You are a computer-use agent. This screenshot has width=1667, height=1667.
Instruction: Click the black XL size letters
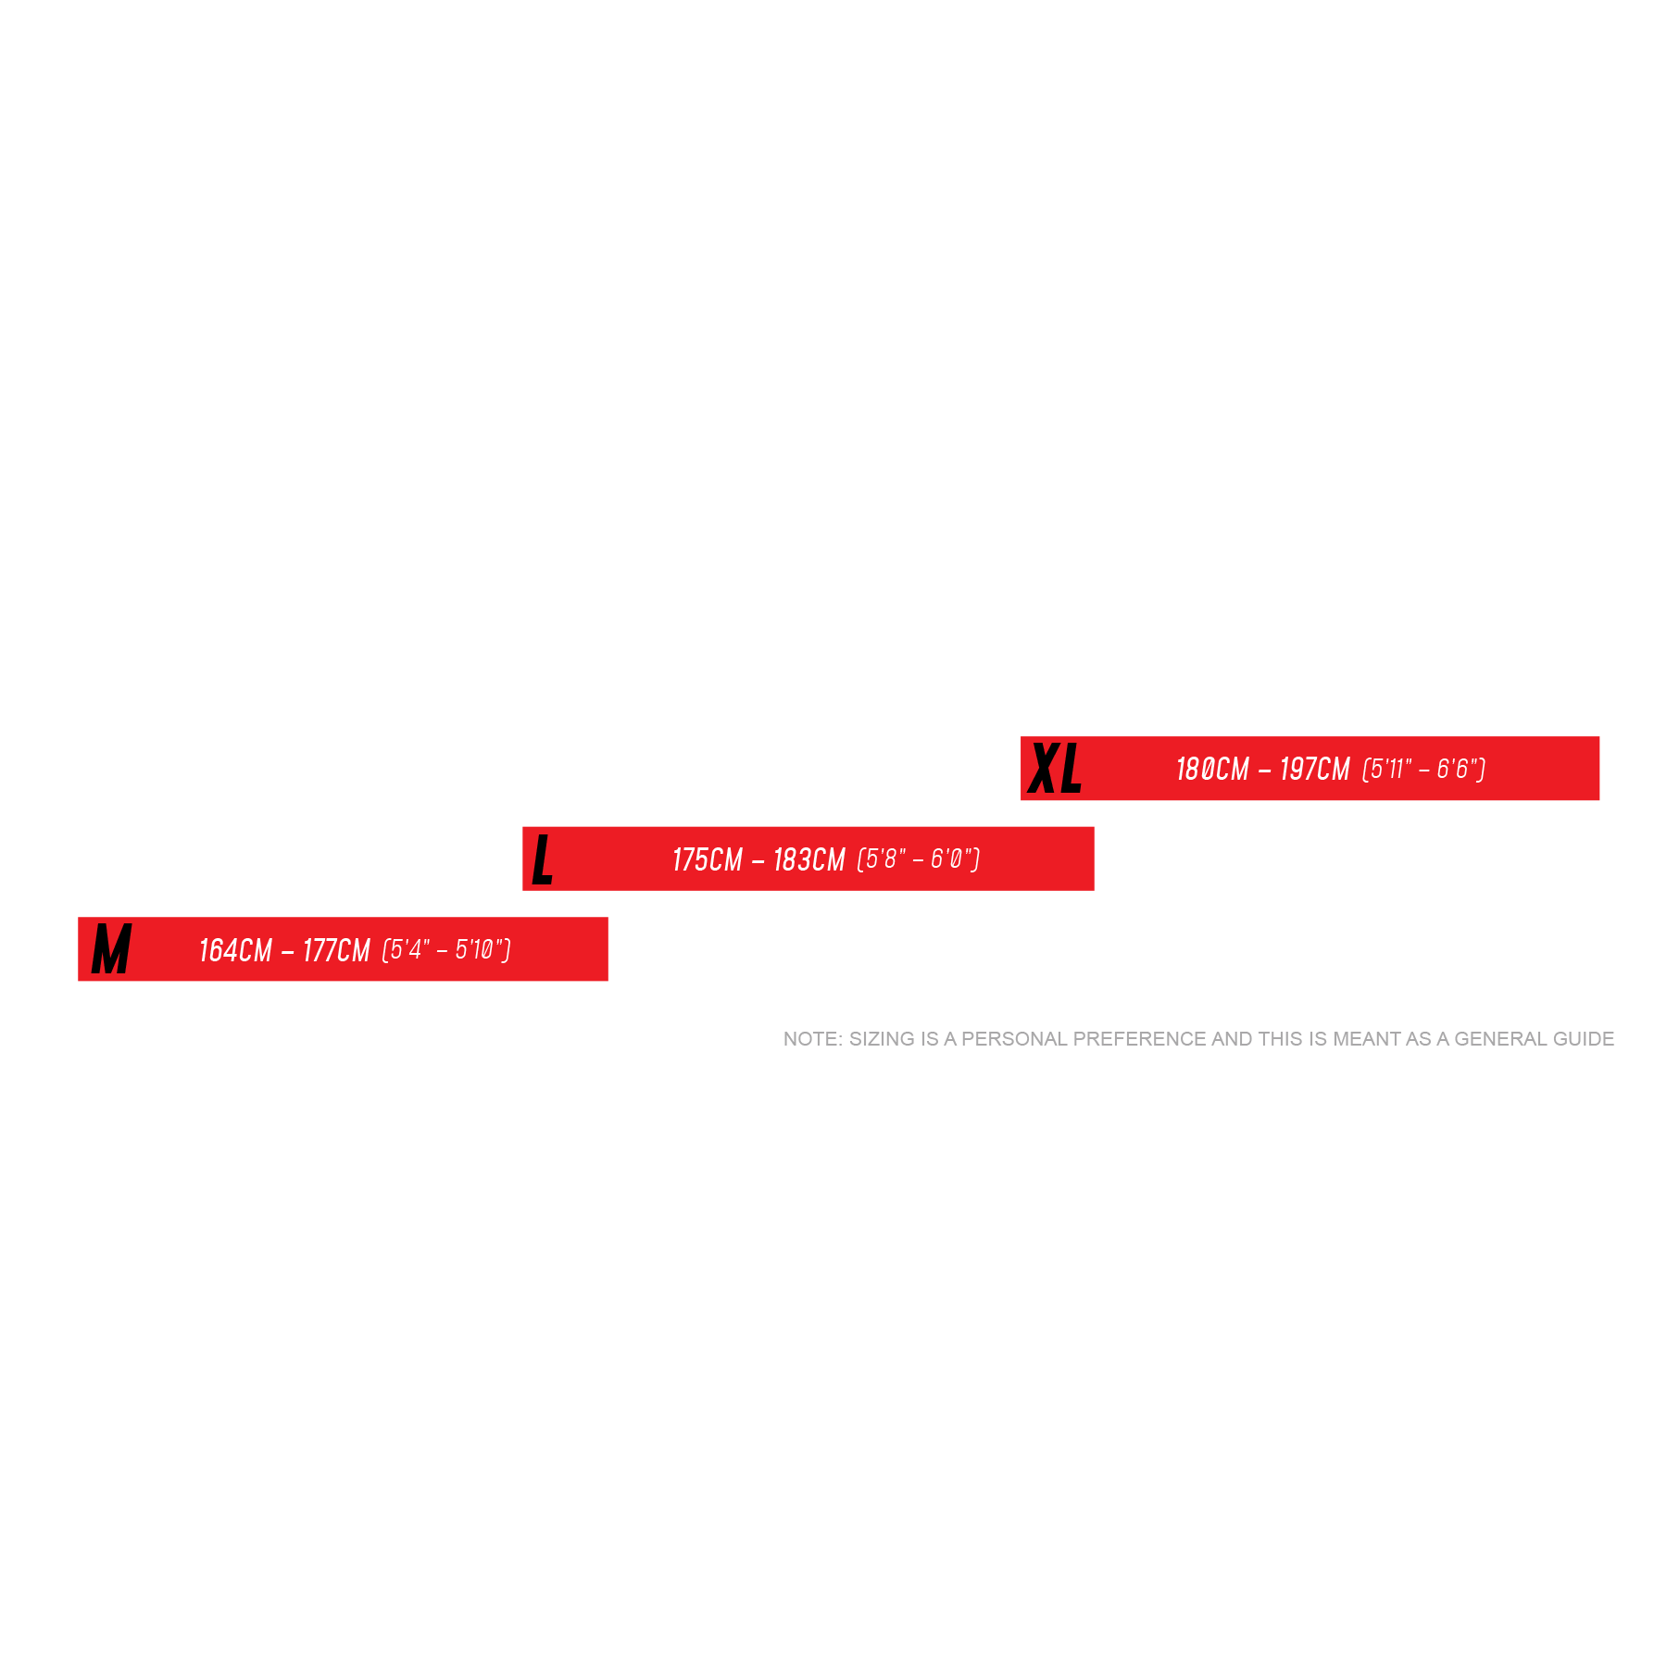(1055, 769)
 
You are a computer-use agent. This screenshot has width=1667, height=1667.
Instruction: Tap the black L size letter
(543, 859)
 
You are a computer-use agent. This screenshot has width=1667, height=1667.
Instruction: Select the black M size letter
(111, 949)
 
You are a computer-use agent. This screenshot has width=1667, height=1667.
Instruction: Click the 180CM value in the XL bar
(1212, 769)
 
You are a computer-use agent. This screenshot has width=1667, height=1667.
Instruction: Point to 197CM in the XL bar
(1315, 769)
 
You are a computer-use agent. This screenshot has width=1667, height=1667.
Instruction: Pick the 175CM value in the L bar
(708, 859)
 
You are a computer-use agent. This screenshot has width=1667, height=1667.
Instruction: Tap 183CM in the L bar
(809, 859)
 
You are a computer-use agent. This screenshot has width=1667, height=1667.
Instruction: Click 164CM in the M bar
(235, 950)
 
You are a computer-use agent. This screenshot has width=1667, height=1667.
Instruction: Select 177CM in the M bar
(336, 950)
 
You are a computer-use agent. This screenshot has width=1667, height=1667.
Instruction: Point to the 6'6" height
(1457, 769)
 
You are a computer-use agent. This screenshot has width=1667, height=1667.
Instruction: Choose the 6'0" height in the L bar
(951, 859)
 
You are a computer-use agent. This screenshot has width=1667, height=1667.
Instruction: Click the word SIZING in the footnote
(882, 1039)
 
